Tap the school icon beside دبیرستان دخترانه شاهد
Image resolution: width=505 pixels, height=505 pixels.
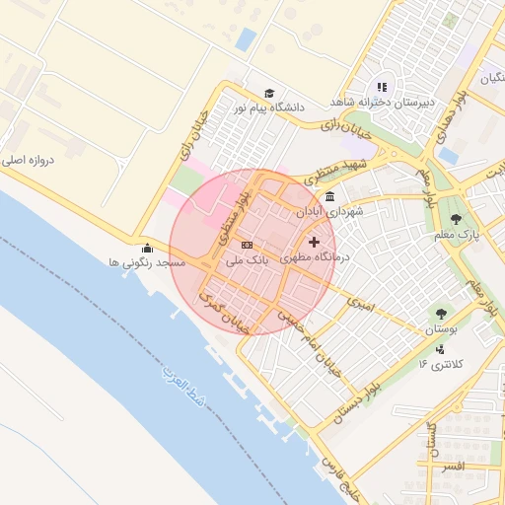coord(382,88)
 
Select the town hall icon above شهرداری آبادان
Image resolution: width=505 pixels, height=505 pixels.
coord(328,197)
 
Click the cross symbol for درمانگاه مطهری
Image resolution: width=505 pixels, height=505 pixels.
coord(315,242)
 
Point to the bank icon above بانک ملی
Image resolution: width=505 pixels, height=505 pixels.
coord(246,246)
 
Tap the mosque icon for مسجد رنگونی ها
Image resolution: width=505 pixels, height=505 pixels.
coord(147,249)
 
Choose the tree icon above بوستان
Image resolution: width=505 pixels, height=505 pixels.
coord(440,313)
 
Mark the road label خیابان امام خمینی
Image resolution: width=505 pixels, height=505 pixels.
coord(306,341)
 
